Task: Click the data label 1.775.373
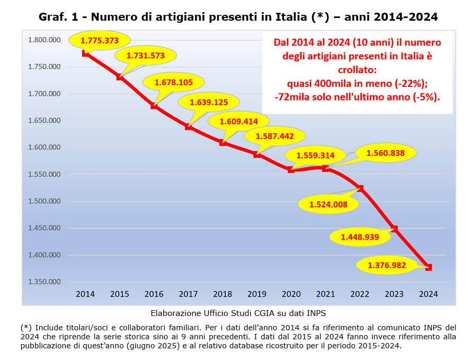[x=99, y=40]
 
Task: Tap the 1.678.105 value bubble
[x=174, y=82]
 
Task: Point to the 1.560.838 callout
[x=385, y=153]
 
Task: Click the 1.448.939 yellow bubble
[x=360, y=237]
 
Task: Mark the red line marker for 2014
[x=86, y=53]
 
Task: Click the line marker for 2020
[x=291, y=170]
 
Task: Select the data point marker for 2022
[x=360, y=188]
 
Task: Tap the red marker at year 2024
[x=429, y=267]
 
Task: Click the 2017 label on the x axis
[x=188, y=294]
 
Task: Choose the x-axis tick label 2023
[x=394, y=294]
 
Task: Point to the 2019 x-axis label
[x=257, y=294]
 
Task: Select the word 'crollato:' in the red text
[x=357, y=69]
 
